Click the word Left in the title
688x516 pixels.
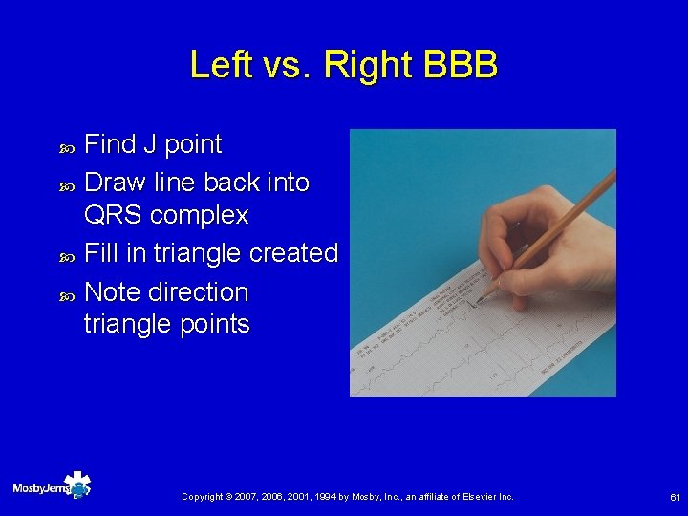[215, 65]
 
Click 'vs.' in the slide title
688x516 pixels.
[282, 65]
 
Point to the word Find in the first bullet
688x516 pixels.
[110, 144]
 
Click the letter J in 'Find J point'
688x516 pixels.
[149, 144]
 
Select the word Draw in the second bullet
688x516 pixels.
[113, 183]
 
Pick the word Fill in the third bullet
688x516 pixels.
[100, 253]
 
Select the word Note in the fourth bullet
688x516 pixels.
[112, 291]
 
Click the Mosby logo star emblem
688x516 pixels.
[76, 485]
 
